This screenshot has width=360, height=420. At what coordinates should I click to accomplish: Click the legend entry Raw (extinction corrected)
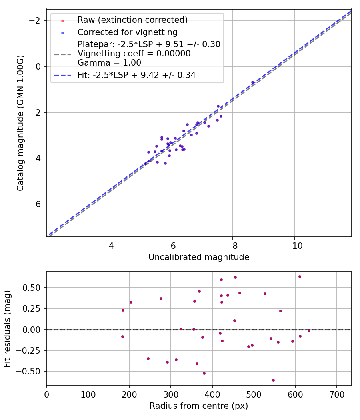click(x=132, y=20)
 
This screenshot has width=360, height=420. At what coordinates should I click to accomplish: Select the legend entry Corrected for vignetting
click(x=127, y=32)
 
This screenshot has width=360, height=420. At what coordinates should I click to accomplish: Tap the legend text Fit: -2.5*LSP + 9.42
click(x=136, y=75)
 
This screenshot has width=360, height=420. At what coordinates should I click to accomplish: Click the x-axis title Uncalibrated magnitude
click(x=199, y=257)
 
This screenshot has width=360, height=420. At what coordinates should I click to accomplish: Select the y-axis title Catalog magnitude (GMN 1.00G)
click(x=20, y=123)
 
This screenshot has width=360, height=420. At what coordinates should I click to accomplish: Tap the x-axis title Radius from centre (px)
click(x=199, y=406)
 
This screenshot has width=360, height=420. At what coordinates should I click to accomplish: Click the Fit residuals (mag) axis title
click(x=8, y=329)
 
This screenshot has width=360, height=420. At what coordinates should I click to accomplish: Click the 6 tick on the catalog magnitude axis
click(x=39, y=204)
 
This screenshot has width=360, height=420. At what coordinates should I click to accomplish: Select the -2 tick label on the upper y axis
click(x=36, y=20)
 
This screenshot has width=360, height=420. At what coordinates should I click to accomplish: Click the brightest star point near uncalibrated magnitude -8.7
click(x=252, y=82)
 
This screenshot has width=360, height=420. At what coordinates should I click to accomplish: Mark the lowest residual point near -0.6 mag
click(x=273, y=380)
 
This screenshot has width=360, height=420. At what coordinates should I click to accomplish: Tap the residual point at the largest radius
click(x=309, y=330)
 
